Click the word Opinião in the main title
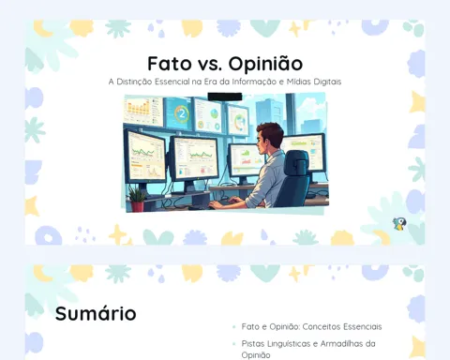[265, 64]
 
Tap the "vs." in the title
[210, 65]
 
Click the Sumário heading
[96, 313]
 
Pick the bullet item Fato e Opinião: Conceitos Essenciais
[311, 327]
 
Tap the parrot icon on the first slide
[399, 224]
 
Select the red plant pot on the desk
[138, 206]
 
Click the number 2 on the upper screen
[182, 114]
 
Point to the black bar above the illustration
[225, 97]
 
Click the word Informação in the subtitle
[254, 82]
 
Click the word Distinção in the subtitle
[135, 82]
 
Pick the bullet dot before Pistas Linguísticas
[234, 344]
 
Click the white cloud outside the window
[309, 106]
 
